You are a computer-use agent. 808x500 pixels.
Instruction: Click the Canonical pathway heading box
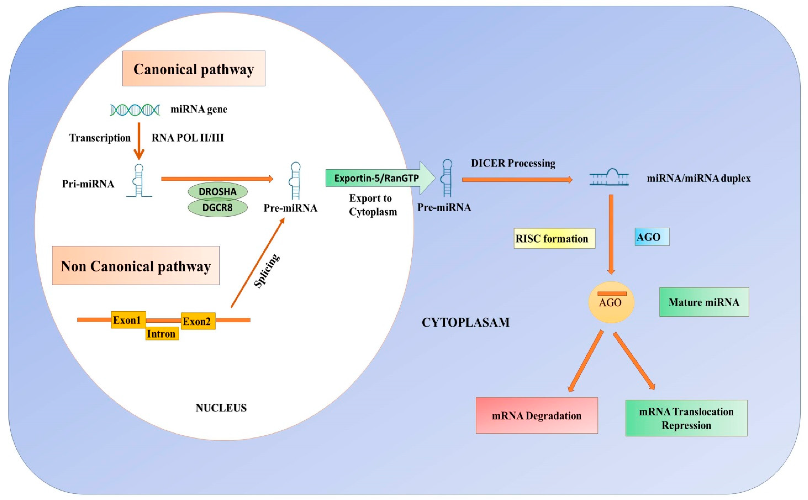[194, 69]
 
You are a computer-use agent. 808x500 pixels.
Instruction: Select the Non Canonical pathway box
[136, 265]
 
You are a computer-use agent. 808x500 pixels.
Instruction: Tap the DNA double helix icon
[135, 110]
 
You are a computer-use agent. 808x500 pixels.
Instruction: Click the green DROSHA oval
[218, 191]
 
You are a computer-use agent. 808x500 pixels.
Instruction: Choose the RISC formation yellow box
[554, 238]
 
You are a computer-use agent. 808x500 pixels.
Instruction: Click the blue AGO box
[652, 237]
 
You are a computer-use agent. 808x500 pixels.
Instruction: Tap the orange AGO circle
[611, 302]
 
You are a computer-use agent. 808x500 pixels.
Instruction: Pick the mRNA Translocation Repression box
[686, 418]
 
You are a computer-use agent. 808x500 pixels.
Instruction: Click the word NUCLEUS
[221, 408]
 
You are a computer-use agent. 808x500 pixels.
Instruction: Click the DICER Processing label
[513, 163]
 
